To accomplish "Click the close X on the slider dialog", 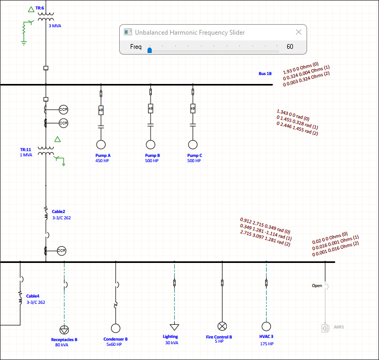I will [x=299, y=32].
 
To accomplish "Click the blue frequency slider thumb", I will [x=150, y=50].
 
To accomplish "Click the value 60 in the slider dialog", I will [x=290, y=47].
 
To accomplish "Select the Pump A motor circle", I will [x=101, y=145].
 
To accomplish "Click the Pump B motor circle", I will [x=151, y=145].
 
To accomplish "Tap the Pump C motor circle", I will [x=193, y=145].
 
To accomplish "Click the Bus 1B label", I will [x=265, y=73].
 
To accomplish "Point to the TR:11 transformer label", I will [x=26, y=150].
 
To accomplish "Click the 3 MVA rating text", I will [x=55, y=26].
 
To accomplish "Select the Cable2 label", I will [x=58, y=211].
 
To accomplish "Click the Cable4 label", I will [x=33, y=297].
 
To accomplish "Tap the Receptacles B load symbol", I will [x=64, y=330].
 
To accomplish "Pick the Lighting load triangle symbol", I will [x=174, y=327].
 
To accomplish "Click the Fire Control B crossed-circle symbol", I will [x=222, y=326].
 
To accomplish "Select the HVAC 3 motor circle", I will [x=266, y=326].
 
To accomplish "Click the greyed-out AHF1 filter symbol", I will [x=325, y=329].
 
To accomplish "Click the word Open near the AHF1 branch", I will [x=317, y=285].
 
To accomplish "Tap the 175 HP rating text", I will [x=267, y=344].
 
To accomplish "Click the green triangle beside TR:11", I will [x=58, y=139].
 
